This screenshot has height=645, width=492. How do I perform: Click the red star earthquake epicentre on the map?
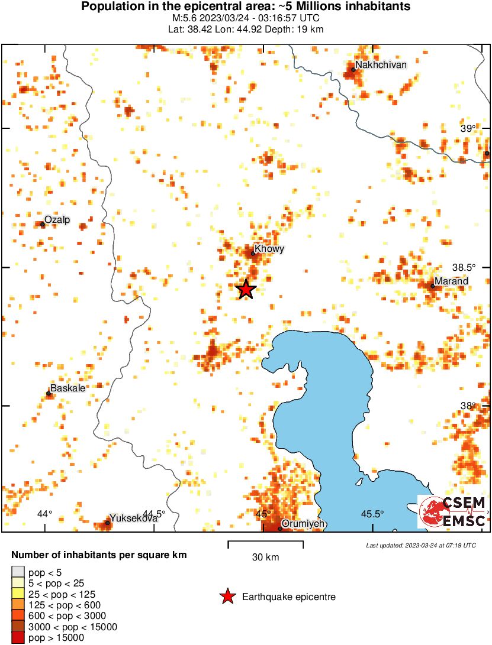coord(246,289)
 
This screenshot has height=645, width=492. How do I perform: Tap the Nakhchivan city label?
coord(381,64)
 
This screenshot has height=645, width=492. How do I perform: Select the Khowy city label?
coord(269,249)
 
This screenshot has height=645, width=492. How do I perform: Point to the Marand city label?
coord(451,281)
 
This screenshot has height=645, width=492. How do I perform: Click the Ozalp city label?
coord(57,220)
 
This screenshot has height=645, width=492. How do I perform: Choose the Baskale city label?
coord(67,388)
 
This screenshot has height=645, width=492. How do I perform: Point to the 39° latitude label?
coord(468,129)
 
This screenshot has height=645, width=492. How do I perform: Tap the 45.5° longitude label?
coord(372,514)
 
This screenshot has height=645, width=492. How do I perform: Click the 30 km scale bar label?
coord(265,557)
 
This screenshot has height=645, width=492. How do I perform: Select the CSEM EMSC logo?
coord(453,511)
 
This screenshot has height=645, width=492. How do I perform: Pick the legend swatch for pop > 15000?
coord(18,637)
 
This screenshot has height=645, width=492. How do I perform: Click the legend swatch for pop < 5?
coord(18,572)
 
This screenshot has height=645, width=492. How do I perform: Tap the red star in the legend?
coord(227,597)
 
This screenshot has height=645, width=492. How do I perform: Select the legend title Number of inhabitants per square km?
coord(99,555)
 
